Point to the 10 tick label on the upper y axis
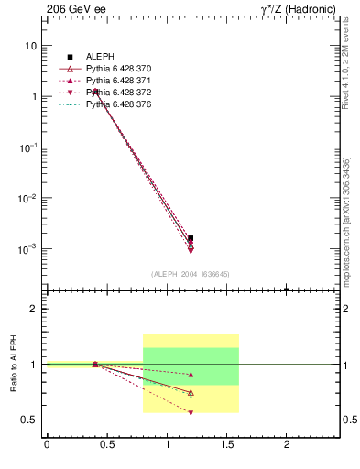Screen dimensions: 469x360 click(31, 46)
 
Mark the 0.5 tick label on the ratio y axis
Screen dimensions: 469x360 click(30, 420)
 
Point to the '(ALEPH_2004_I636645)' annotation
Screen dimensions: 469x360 click(190, 273)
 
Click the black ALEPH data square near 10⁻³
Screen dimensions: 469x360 click(191, 238)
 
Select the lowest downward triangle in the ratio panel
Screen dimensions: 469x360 click(191, 412)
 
